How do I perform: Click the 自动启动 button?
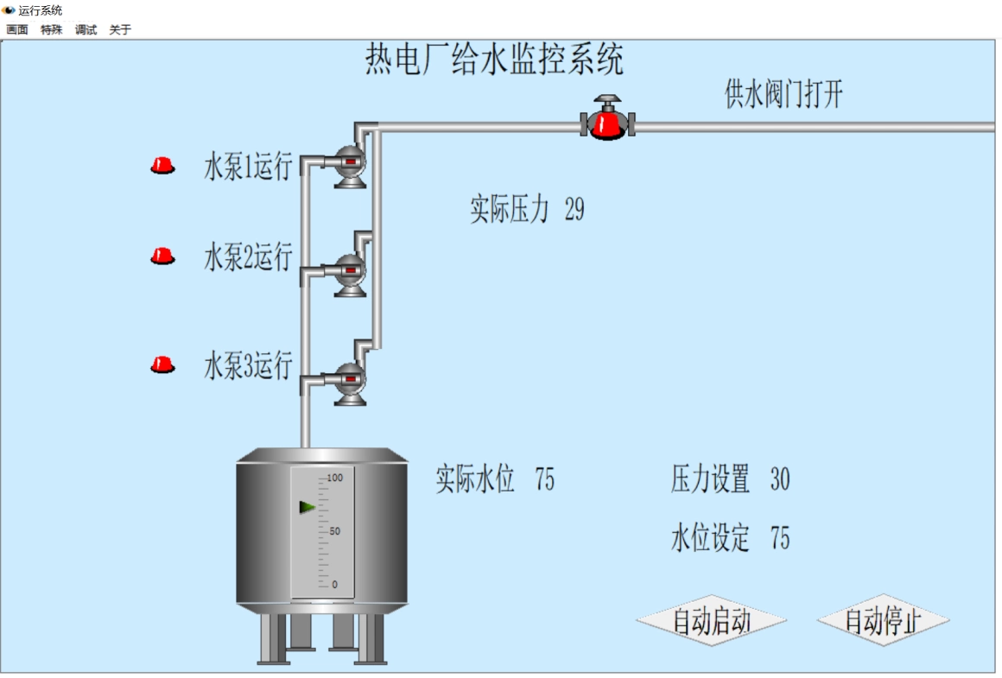click(711, 621)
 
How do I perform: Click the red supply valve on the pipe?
click(608, 122)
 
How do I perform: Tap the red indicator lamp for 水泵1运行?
click(162, 165)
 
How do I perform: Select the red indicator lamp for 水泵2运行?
click(162, 256)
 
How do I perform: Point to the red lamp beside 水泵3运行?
click(162, 364)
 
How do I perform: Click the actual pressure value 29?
click(574, 210)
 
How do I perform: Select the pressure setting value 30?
click(779, 479)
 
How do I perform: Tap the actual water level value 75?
click(544, 478)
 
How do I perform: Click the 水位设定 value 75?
click(779, 538)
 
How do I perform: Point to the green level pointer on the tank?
click(307, 507)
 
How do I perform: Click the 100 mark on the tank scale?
click(335, 478)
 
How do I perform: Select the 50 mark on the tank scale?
click(335, 531)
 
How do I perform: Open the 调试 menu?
click(86, 29)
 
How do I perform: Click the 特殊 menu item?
click(52, 29)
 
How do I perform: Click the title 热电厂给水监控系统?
click(494, 61)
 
